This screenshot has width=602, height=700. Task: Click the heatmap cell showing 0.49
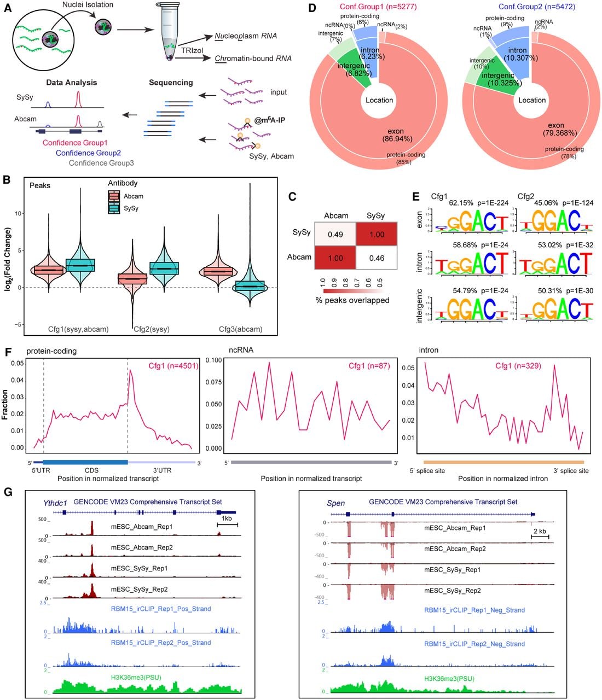[x=335, y=234]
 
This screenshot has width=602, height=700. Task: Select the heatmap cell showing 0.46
[x=377, y=258]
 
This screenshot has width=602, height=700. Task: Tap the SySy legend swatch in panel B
[x=114, y=208]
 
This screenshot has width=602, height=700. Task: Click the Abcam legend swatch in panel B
[x=114, y=196]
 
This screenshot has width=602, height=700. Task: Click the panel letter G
[x=8, y=492]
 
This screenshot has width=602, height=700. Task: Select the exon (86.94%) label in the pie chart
[x=397, y=135]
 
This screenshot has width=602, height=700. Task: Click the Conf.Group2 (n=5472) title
[x=536, y=7]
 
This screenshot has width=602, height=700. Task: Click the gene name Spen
[x=335, y=503]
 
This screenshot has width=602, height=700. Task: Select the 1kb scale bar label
[x=227, y=518]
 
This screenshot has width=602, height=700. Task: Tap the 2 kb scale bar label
[x=540, y=530]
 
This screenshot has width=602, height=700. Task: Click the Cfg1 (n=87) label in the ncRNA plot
[x=369, y=365]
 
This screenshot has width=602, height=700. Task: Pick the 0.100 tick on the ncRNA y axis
[x=213, y=360]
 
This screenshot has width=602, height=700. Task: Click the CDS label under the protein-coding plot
[x=91, y=470]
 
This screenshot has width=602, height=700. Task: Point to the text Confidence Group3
[x=101, y=163]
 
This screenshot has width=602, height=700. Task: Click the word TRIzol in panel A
[x=192, y=50]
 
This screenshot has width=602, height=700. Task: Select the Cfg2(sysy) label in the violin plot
[x=152, y=329]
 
